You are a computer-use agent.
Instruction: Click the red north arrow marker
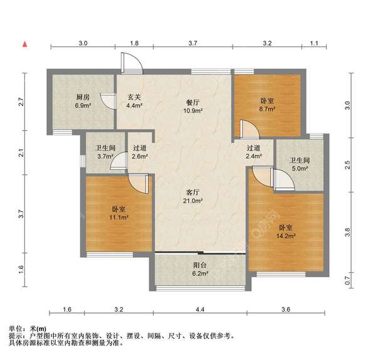pyautogui.click(x=25, y=44)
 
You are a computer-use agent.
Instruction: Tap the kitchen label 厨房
pyautogui.click(x=83, y=97)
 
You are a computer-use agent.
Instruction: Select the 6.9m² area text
pyautogui.click(x=83, y=105)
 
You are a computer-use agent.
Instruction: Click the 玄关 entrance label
pyautogui.click(x=134, y=97)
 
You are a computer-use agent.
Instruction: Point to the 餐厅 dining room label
pyautogui.click(x=193, y=102)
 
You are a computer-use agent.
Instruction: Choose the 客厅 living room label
pyautogui.click(x=193, y=193)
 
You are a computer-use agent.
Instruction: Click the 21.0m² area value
pyautogui.click(x=193, y=201)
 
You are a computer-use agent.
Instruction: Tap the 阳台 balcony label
pyautogui.click(x=200, y=265)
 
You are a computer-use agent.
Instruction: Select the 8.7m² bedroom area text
pyautogui.click(x=267, y=109)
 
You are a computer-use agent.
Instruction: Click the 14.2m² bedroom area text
pyautogui.click(x=286, y=236)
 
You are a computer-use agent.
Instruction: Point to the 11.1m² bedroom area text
pyautogui.click(x=118, y=218)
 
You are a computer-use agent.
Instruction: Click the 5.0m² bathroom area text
pyautogui.click(x=300, y=169)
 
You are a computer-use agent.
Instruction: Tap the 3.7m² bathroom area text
pyautogui.click(x=105, y=156)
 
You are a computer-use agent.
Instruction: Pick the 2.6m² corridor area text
pyautogui.click(x=140, y=156)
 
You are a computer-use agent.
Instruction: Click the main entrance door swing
pyautogui.click(x=132, y=63)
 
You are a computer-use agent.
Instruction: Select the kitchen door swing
pyautogui.click(x=108, y=101)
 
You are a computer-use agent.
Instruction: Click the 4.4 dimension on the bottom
pyautogui.click(x=200, y=309)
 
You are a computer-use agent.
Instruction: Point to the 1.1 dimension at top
pyautogui.click(x=314, y=43)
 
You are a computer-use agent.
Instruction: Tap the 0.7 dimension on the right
pyautogui.click(x=347, y=280)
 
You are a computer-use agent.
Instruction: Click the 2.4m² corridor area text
pyautogui.click(x=254, y=156)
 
